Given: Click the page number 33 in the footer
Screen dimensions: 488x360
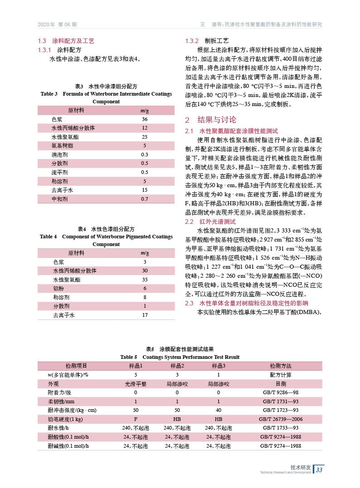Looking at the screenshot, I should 319,469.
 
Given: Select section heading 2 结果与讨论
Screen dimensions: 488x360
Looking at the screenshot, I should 211,120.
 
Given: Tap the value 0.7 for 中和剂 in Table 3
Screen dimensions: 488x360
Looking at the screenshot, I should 145,199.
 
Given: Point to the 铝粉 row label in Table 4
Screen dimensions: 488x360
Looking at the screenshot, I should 58,288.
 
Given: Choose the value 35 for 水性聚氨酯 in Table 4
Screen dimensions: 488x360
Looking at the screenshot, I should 145,280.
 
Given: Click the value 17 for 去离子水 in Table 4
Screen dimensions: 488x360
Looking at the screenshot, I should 145,314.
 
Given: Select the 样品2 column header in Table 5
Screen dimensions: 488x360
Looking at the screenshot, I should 177,366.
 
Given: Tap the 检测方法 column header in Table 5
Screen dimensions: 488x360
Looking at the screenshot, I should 281,366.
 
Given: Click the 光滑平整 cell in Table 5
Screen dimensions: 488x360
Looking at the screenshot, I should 136,384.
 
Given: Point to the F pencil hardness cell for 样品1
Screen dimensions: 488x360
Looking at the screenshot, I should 136,419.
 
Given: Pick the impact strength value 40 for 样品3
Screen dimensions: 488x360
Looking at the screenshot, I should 219,410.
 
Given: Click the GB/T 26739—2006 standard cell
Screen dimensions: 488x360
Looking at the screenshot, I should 281,419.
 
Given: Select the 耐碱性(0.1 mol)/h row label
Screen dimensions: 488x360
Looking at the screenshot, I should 68,445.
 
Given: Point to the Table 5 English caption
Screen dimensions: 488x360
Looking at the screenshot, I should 180,357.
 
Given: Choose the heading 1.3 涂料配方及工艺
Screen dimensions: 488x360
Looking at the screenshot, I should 66,41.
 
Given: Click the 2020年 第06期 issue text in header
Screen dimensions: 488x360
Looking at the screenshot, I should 57,24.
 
